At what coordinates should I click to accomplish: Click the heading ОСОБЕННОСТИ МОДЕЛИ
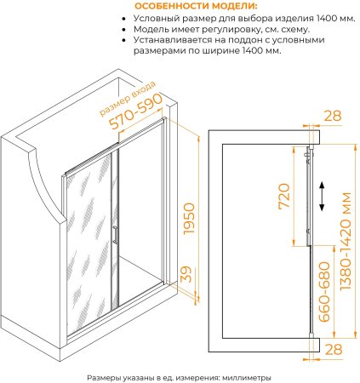[x=196, y=6]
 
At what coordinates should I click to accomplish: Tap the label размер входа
[x=128, y=99]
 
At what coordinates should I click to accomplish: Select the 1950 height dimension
[x=189, y=219]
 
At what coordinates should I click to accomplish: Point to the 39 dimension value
[x=186, y=274]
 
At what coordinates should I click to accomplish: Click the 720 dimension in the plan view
[x=284, y=196]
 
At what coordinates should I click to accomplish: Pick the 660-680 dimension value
[x=324, y=292]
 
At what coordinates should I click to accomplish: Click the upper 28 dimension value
[x=333, y=116]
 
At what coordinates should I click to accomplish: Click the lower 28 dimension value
[x=333, y=349]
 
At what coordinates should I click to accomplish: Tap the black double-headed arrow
[x=322, y=197]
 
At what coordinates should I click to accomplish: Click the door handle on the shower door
[x=115, y=234]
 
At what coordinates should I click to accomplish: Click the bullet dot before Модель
[x=123, y=30]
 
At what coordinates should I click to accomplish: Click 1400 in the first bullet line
[x=325, y=19]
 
